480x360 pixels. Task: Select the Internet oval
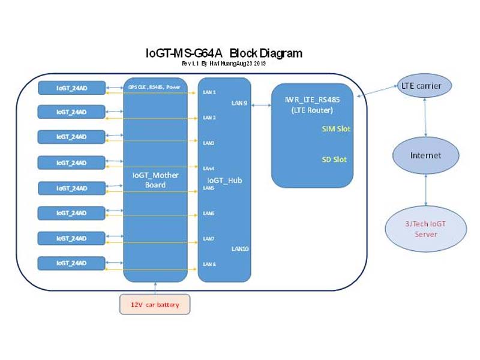pos(425,155)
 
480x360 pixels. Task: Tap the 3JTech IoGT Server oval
pos(425,228)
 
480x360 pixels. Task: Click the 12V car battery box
pos(155,304)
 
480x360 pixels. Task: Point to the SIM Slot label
pos(335,129)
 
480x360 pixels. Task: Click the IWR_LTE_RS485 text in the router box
pos(311,99)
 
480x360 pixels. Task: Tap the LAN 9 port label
pos(239,103)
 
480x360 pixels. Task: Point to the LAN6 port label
pos(209,213)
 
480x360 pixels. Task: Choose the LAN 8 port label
pos(209,264)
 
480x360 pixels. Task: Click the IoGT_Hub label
pos(224,180)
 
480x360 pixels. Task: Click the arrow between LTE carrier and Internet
pos(425,120)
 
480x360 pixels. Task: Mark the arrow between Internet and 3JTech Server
pos(425,190)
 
